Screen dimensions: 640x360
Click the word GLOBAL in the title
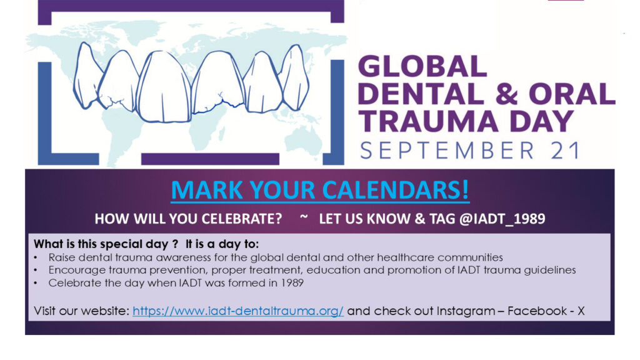(422, 66)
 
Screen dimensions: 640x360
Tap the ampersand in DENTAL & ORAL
(506, 94)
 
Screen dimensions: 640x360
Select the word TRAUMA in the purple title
(428, 122)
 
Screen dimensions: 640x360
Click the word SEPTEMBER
(447, 150)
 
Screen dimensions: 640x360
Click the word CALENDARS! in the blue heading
(396, 190)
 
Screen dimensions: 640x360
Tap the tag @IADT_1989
(502, 219)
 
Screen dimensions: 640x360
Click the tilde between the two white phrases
(304, 217)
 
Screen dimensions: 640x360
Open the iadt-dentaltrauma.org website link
(238, 311)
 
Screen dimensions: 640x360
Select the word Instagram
(466, 311)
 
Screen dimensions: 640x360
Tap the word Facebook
(537, 311)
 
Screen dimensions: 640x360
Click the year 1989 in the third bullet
(292, 283)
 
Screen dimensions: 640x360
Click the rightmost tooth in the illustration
(296, 77)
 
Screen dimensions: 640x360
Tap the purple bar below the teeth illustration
(210, 159)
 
